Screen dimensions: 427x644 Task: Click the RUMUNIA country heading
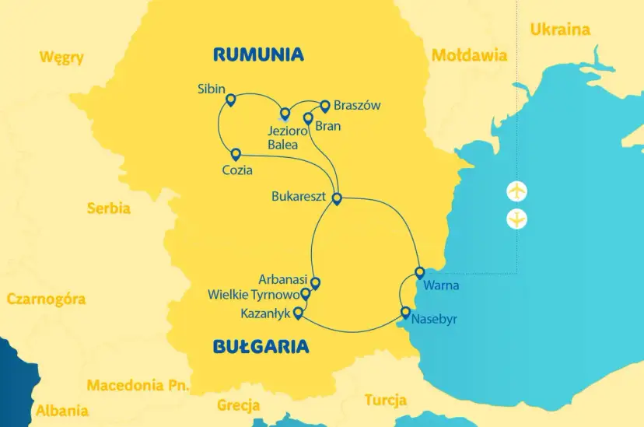[257, 54]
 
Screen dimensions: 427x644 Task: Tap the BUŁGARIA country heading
[261, 346]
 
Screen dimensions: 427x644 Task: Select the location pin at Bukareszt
[337, 198]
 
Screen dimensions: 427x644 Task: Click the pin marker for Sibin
[230, 99]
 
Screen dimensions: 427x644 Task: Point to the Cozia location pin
[236, 153]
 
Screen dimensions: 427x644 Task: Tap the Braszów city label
[357, 107]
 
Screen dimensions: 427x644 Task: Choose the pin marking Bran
[308, 118]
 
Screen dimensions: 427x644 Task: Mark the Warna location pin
[420, 272]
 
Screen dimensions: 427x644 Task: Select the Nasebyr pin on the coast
[405, 312]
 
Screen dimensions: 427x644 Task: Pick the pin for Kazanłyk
[297, 313]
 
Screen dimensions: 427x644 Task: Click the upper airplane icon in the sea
[516, 191]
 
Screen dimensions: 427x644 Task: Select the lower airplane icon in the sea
[516, 219]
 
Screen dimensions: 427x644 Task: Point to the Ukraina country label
[559, 30]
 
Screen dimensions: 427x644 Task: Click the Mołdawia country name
[469, 55]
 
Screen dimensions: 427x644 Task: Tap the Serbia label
[108, 208]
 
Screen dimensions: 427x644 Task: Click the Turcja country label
[385, 401]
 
